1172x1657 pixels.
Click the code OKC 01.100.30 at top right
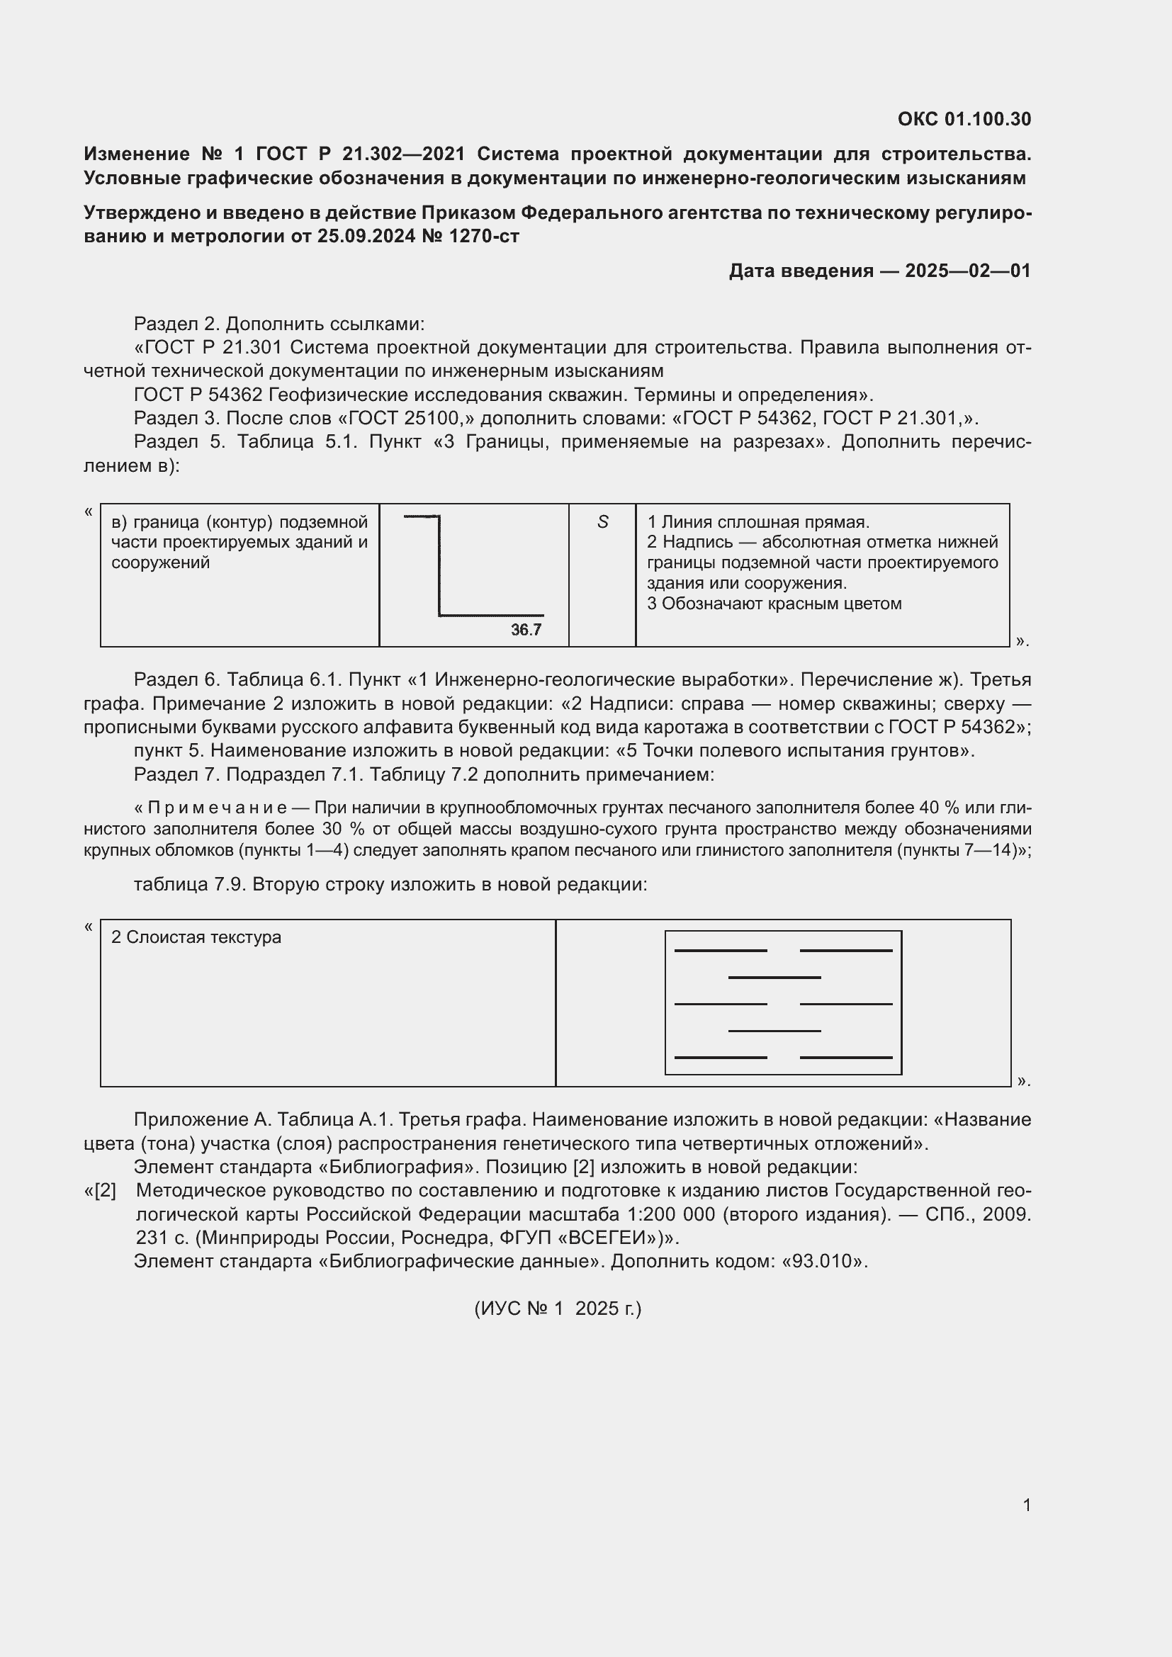point(964,119)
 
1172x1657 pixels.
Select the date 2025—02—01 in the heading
point(968,271)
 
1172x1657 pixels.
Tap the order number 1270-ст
point(483,236)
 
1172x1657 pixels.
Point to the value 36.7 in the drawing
point(526,629)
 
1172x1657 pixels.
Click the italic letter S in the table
point(602,522)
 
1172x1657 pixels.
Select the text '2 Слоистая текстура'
point(196,937)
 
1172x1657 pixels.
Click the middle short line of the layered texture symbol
point(774,977)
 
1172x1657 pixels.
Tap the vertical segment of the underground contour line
point(439,567)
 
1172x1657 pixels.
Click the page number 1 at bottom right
point(1026,1505)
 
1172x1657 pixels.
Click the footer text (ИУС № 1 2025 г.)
point(557,1308)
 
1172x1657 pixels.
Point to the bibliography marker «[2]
point(101,1190)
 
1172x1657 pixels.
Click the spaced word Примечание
point(218,808)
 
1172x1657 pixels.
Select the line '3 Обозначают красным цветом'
point(774,604)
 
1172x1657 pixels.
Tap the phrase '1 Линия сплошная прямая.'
point(757,522)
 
